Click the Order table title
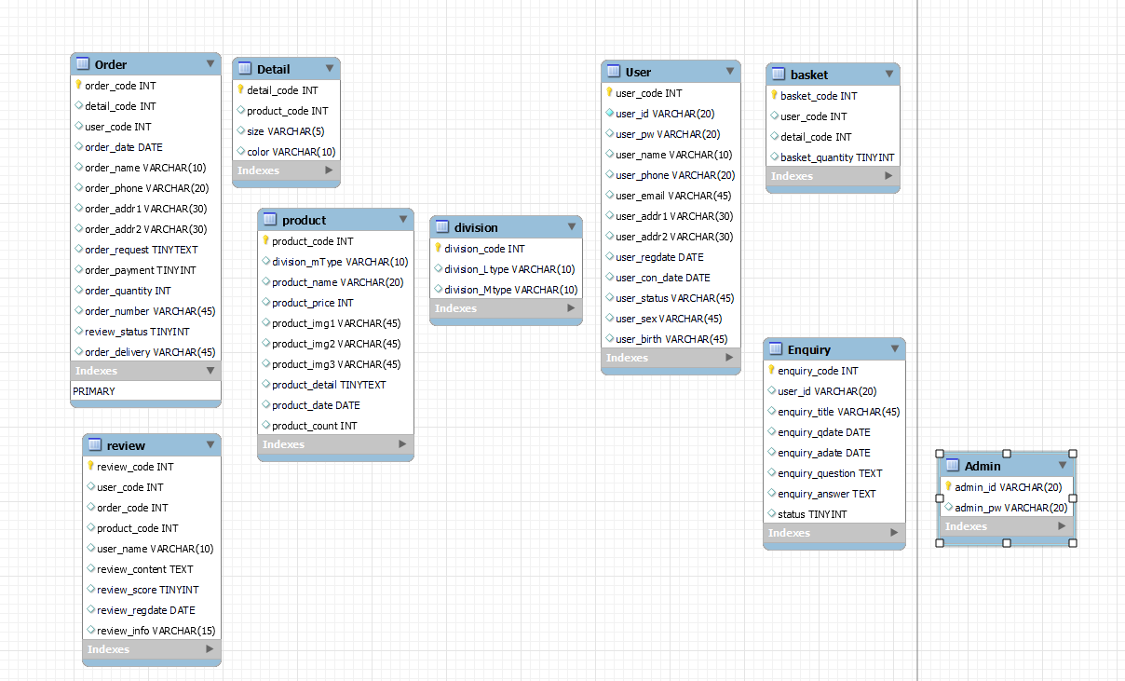click(x=111, y=64)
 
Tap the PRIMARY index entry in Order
click(x=94, y=391)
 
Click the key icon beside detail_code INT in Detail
click(x=240, y=90)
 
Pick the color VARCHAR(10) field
click(x=291, y=152)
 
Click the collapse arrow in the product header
click(x=402, y=220)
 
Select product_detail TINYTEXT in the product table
click(x=329, y=385)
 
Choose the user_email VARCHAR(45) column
click(x=673, y=196)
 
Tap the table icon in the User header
click(x=613, y=72)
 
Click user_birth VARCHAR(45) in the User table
click(x=671, y=339)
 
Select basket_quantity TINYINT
click(x=837, y=157)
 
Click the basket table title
click(x=808, y=75)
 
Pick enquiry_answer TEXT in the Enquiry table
click(x=827, y=494)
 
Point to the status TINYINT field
click(x=812, y=514)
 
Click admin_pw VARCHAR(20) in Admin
click(x=1010, y=508)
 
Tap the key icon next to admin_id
click(x=948, y=486)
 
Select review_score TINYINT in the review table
click(x=147, y=590)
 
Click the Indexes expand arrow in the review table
click(x=210, y=649)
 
